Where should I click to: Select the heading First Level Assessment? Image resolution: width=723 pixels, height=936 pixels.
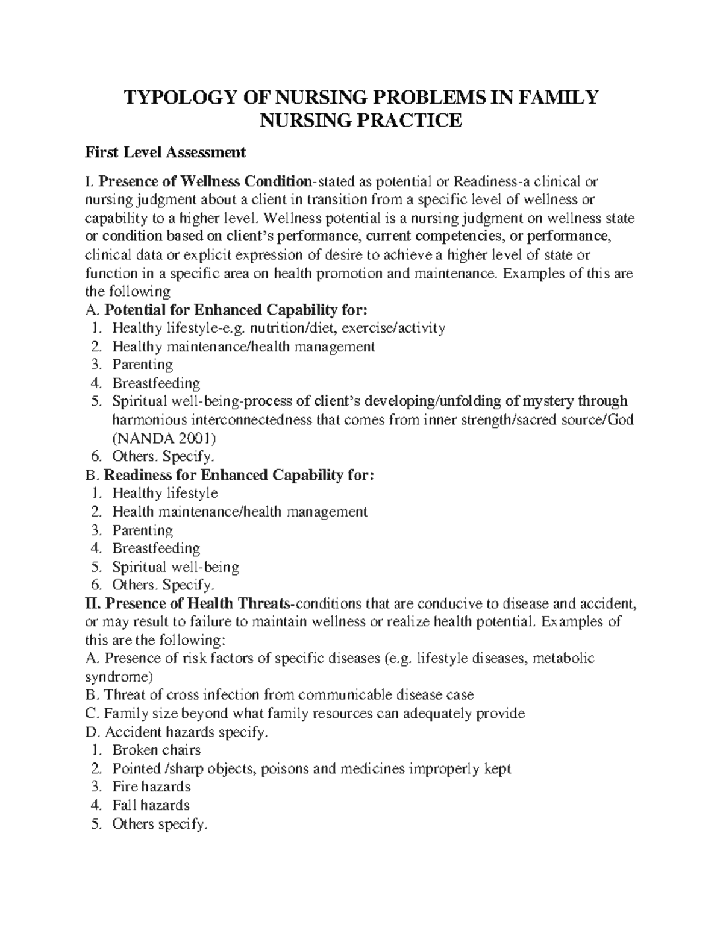165,152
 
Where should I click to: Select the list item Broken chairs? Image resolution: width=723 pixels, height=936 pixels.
156,750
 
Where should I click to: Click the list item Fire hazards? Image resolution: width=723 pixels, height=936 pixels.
151,787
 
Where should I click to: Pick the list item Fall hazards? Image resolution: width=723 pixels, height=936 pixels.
151,805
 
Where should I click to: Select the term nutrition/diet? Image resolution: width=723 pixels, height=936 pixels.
290,328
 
